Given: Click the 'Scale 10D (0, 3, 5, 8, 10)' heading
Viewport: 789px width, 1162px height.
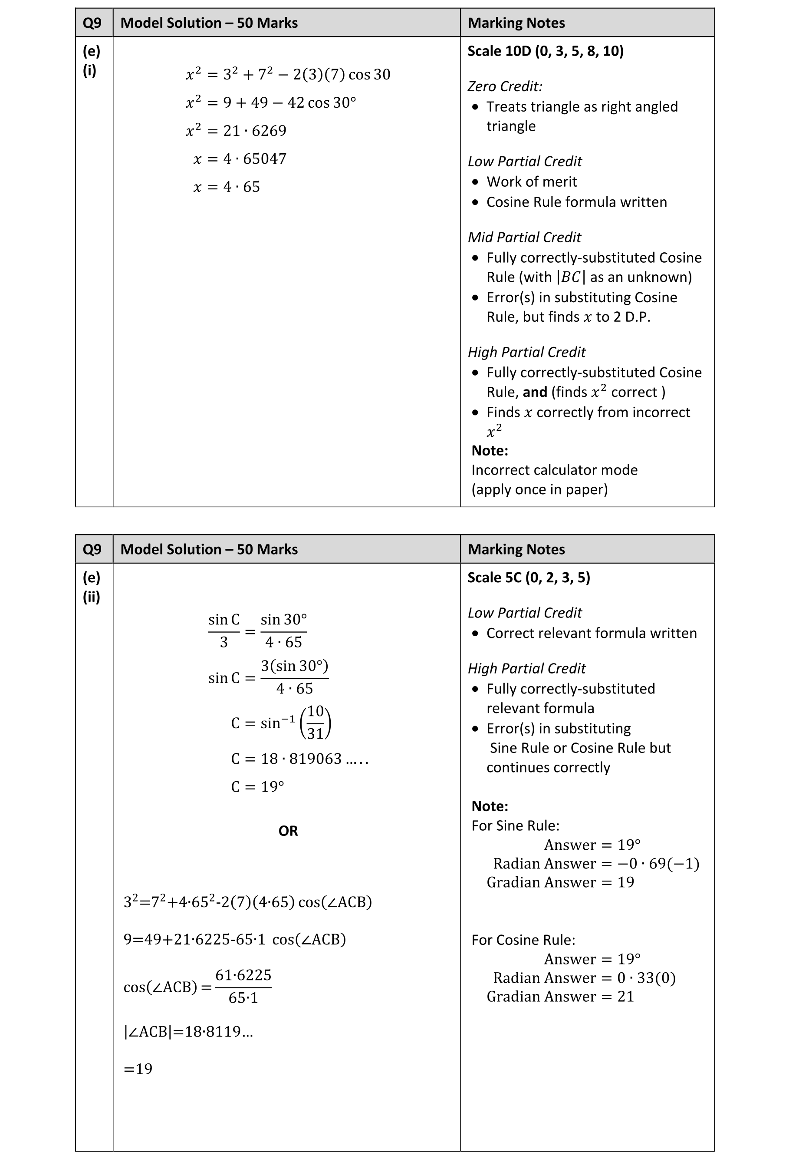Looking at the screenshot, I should click(x=545, y=51).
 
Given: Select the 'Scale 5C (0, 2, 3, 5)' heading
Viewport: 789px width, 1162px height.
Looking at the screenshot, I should click(x=529, y=578).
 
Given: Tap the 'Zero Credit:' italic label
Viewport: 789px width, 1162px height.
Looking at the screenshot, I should click(x=505, y=86).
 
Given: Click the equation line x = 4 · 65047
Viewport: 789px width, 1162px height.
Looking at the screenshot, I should click(x=240, y=159).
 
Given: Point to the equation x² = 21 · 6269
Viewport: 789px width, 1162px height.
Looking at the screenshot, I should click(x=236, y=131).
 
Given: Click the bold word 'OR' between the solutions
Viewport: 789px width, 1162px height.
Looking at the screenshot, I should click(x=288, y=831).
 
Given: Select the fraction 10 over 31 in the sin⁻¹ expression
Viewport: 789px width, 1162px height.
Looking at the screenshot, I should click(x=316, y=723).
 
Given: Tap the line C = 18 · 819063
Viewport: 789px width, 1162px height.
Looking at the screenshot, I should click(x=299, y=759).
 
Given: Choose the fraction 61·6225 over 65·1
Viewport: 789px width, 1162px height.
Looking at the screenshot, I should click(x=243, y=986).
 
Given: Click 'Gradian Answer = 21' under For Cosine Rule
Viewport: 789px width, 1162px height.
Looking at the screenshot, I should click(x=560, y=997).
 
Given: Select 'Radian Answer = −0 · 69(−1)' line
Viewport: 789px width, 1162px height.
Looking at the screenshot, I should click(x=595, y=864).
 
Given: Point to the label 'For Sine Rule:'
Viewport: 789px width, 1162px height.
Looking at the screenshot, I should click(x=515, y=825).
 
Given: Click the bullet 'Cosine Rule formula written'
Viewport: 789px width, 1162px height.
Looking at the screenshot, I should click(x=576, y=202).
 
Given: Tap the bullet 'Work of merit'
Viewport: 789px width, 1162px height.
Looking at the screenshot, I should click(x=531, y=182).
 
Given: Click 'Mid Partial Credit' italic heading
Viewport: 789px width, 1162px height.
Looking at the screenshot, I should click(x=524, y=237).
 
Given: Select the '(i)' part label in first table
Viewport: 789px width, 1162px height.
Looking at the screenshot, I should click(x=89, y=70).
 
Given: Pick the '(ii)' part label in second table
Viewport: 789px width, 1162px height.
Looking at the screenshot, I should click(x=92, y=597).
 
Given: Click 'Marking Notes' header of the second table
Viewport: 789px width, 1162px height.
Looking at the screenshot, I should click(x=516, y=549).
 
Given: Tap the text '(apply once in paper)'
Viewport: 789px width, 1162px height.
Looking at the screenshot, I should click(x=539, y=489).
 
